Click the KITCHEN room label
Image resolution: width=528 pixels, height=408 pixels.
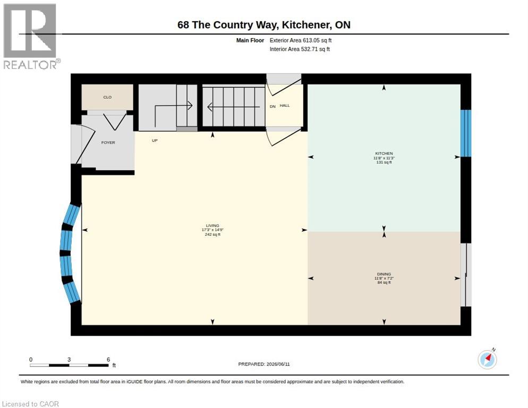[384, 154]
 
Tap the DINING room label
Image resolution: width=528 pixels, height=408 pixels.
[384, 274]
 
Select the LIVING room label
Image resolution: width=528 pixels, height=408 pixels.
[212, 225]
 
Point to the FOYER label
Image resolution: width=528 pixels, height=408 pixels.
[108, 142]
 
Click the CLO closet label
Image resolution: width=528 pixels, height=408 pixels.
[107, 97]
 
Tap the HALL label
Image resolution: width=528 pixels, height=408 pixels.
[285, 106]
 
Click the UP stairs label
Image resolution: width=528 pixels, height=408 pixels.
[155, 140]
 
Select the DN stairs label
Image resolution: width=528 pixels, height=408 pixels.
[272, 106]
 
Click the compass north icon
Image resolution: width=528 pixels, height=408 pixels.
[487, 359]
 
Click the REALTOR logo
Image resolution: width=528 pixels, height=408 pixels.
[31, 36]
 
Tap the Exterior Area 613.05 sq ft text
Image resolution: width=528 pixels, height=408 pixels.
[301, 40]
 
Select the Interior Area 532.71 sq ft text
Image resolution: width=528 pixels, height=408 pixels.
[300, 49]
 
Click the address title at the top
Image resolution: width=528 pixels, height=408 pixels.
[264, 24]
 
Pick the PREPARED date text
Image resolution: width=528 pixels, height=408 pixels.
[264, 364]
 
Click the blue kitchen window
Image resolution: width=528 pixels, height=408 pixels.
[466, 133]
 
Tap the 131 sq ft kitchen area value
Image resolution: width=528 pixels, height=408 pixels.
[384, 163]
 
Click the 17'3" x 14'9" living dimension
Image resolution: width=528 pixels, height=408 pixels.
[212, 230]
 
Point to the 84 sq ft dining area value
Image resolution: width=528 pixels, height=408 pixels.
[384, 283]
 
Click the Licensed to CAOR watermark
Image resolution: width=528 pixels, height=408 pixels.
[30, 404]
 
